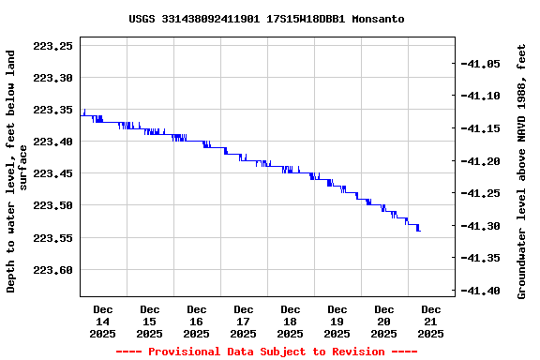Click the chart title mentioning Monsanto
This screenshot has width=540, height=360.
267,19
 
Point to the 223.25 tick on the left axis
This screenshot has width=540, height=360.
52,46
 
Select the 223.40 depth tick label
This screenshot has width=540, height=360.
52,142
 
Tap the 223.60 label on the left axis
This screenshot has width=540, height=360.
52,270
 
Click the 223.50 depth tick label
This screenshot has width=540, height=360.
52,205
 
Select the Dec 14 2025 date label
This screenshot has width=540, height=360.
103,321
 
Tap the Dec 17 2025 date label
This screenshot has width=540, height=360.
244,321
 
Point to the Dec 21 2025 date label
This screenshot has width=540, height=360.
431,321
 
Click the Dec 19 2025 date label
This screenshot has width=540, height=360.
337,321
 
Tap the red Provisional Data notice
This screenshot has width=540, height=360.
266,352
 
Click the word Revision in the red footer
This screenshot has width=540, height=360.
353,352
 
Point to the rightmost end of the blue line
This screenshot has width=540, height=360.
420,231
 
